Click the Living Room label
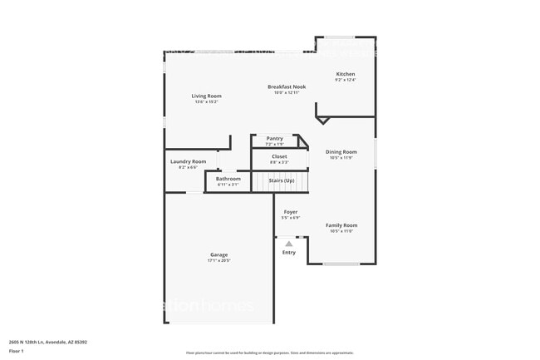click(x=206, y=96)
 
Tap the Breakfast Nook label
click(x=286, y=86)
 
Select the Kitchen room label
click(x=345, y=74)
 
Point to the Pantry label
click(x=274, y=139)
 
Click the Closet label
click(x=279, y=156)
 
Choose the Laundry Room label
click(x=188, y=161)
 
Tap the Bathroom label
click(x=228, y=179)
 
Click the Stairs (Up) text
click(x=281, y=180)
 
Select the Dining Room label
click(x=341, y=152)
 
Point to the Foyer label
click(x=290, y=212)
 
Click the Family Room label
click(x=341, y=225)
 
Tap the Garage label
click(x=218, y=254)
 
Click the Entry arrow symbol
click(x=288, y=244)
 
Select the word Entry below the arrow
click(x=288, y=253)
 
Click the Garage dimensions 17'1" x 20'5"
click(x=218, y=261)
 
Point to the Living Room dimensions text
click(x=206, y=102)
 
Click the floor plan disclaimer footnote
click(x=269, y=353)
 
